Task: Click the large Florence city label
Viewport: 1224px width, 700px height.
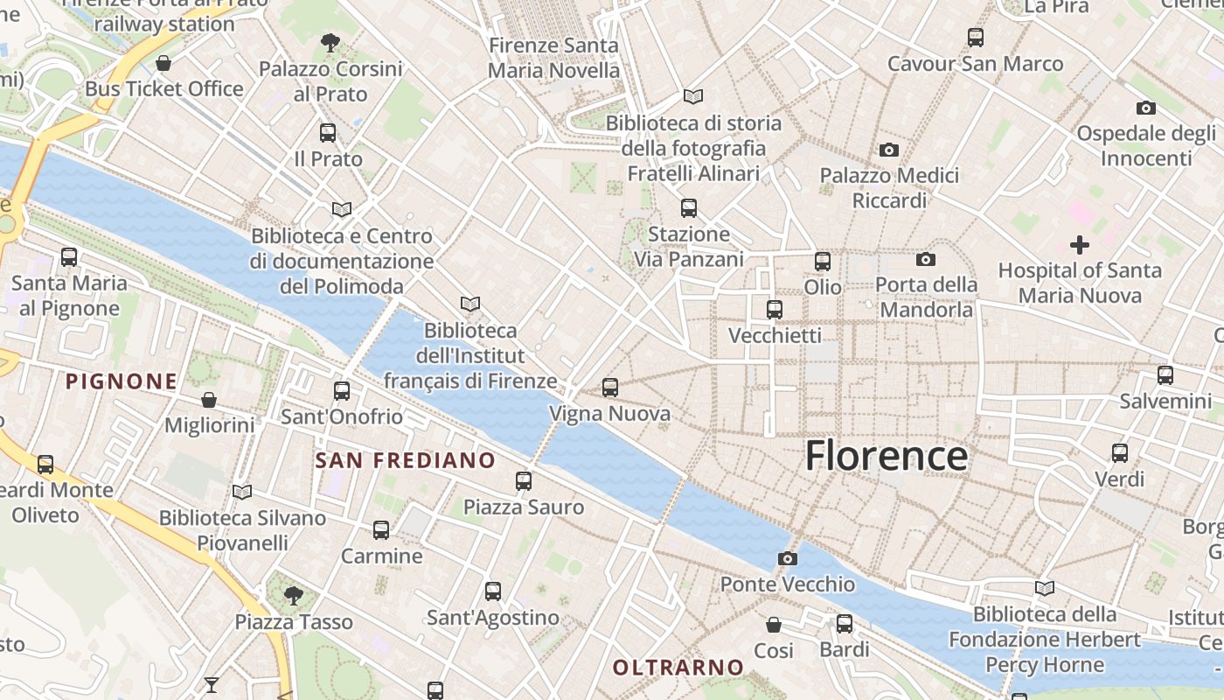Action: point(886,456)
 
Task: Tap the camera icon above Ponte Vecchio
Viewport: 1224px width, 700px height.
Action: point(787,558)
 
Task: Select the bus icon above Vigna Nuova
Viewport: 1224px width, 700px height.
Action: point(609,387)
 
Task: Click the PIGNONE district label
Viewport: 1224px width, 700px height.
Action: point(122,381)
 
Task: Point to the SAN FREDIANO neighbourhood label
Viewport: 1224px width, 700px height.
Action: point(405,460)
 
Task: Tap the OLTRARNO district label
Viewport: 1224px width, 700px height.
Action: point(678,668)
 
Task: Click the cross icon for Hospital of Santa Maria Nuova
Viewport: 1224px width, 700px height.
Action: point(1080,245)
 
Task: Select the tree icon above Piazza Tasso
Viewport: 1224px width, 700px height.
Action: point(294,596)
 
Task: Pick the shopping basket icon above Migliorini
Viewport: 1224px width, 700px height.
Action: point(209,400)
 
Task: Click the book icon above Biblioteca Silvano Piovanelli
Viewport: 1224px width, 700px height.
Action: point(242,492)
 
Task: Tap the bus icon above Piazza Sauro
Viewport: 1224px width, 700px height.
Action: point(523,480)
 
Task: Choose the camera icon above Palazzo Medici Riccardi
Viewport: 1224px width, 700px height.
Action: point(889,150)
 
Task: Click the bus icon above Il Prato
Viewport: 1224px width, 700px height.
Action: point(328,133)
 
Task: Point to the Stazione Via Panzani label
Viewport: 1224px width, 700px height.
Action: point(689,247)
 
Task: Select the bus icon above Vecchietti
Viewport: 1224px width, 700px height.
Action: point(775,310)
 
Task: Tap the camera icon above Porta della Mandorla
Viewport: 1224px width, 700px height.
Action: point(925,259)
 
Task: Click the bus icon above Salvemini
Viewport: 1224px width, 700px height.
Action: point(1165,375)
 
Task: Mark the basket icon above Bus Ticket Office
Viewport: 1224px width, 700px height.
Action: point(163,63)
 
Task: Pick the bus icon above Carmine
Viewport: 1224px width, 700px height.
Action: point(381,529)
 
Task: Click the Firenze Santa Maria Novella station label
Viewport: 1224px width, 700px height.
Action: point(553,58)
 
